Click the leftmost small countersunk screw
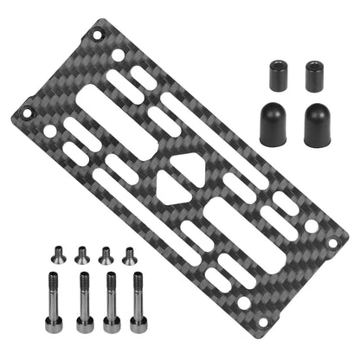tap(58, 254)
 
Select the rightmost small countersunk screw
tap(129, 254)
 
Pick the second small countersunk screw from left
tap(81, 254)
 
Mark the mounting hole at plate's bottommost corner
tap(243, 302)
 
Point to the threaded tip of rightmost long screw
tap(138, 280)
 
